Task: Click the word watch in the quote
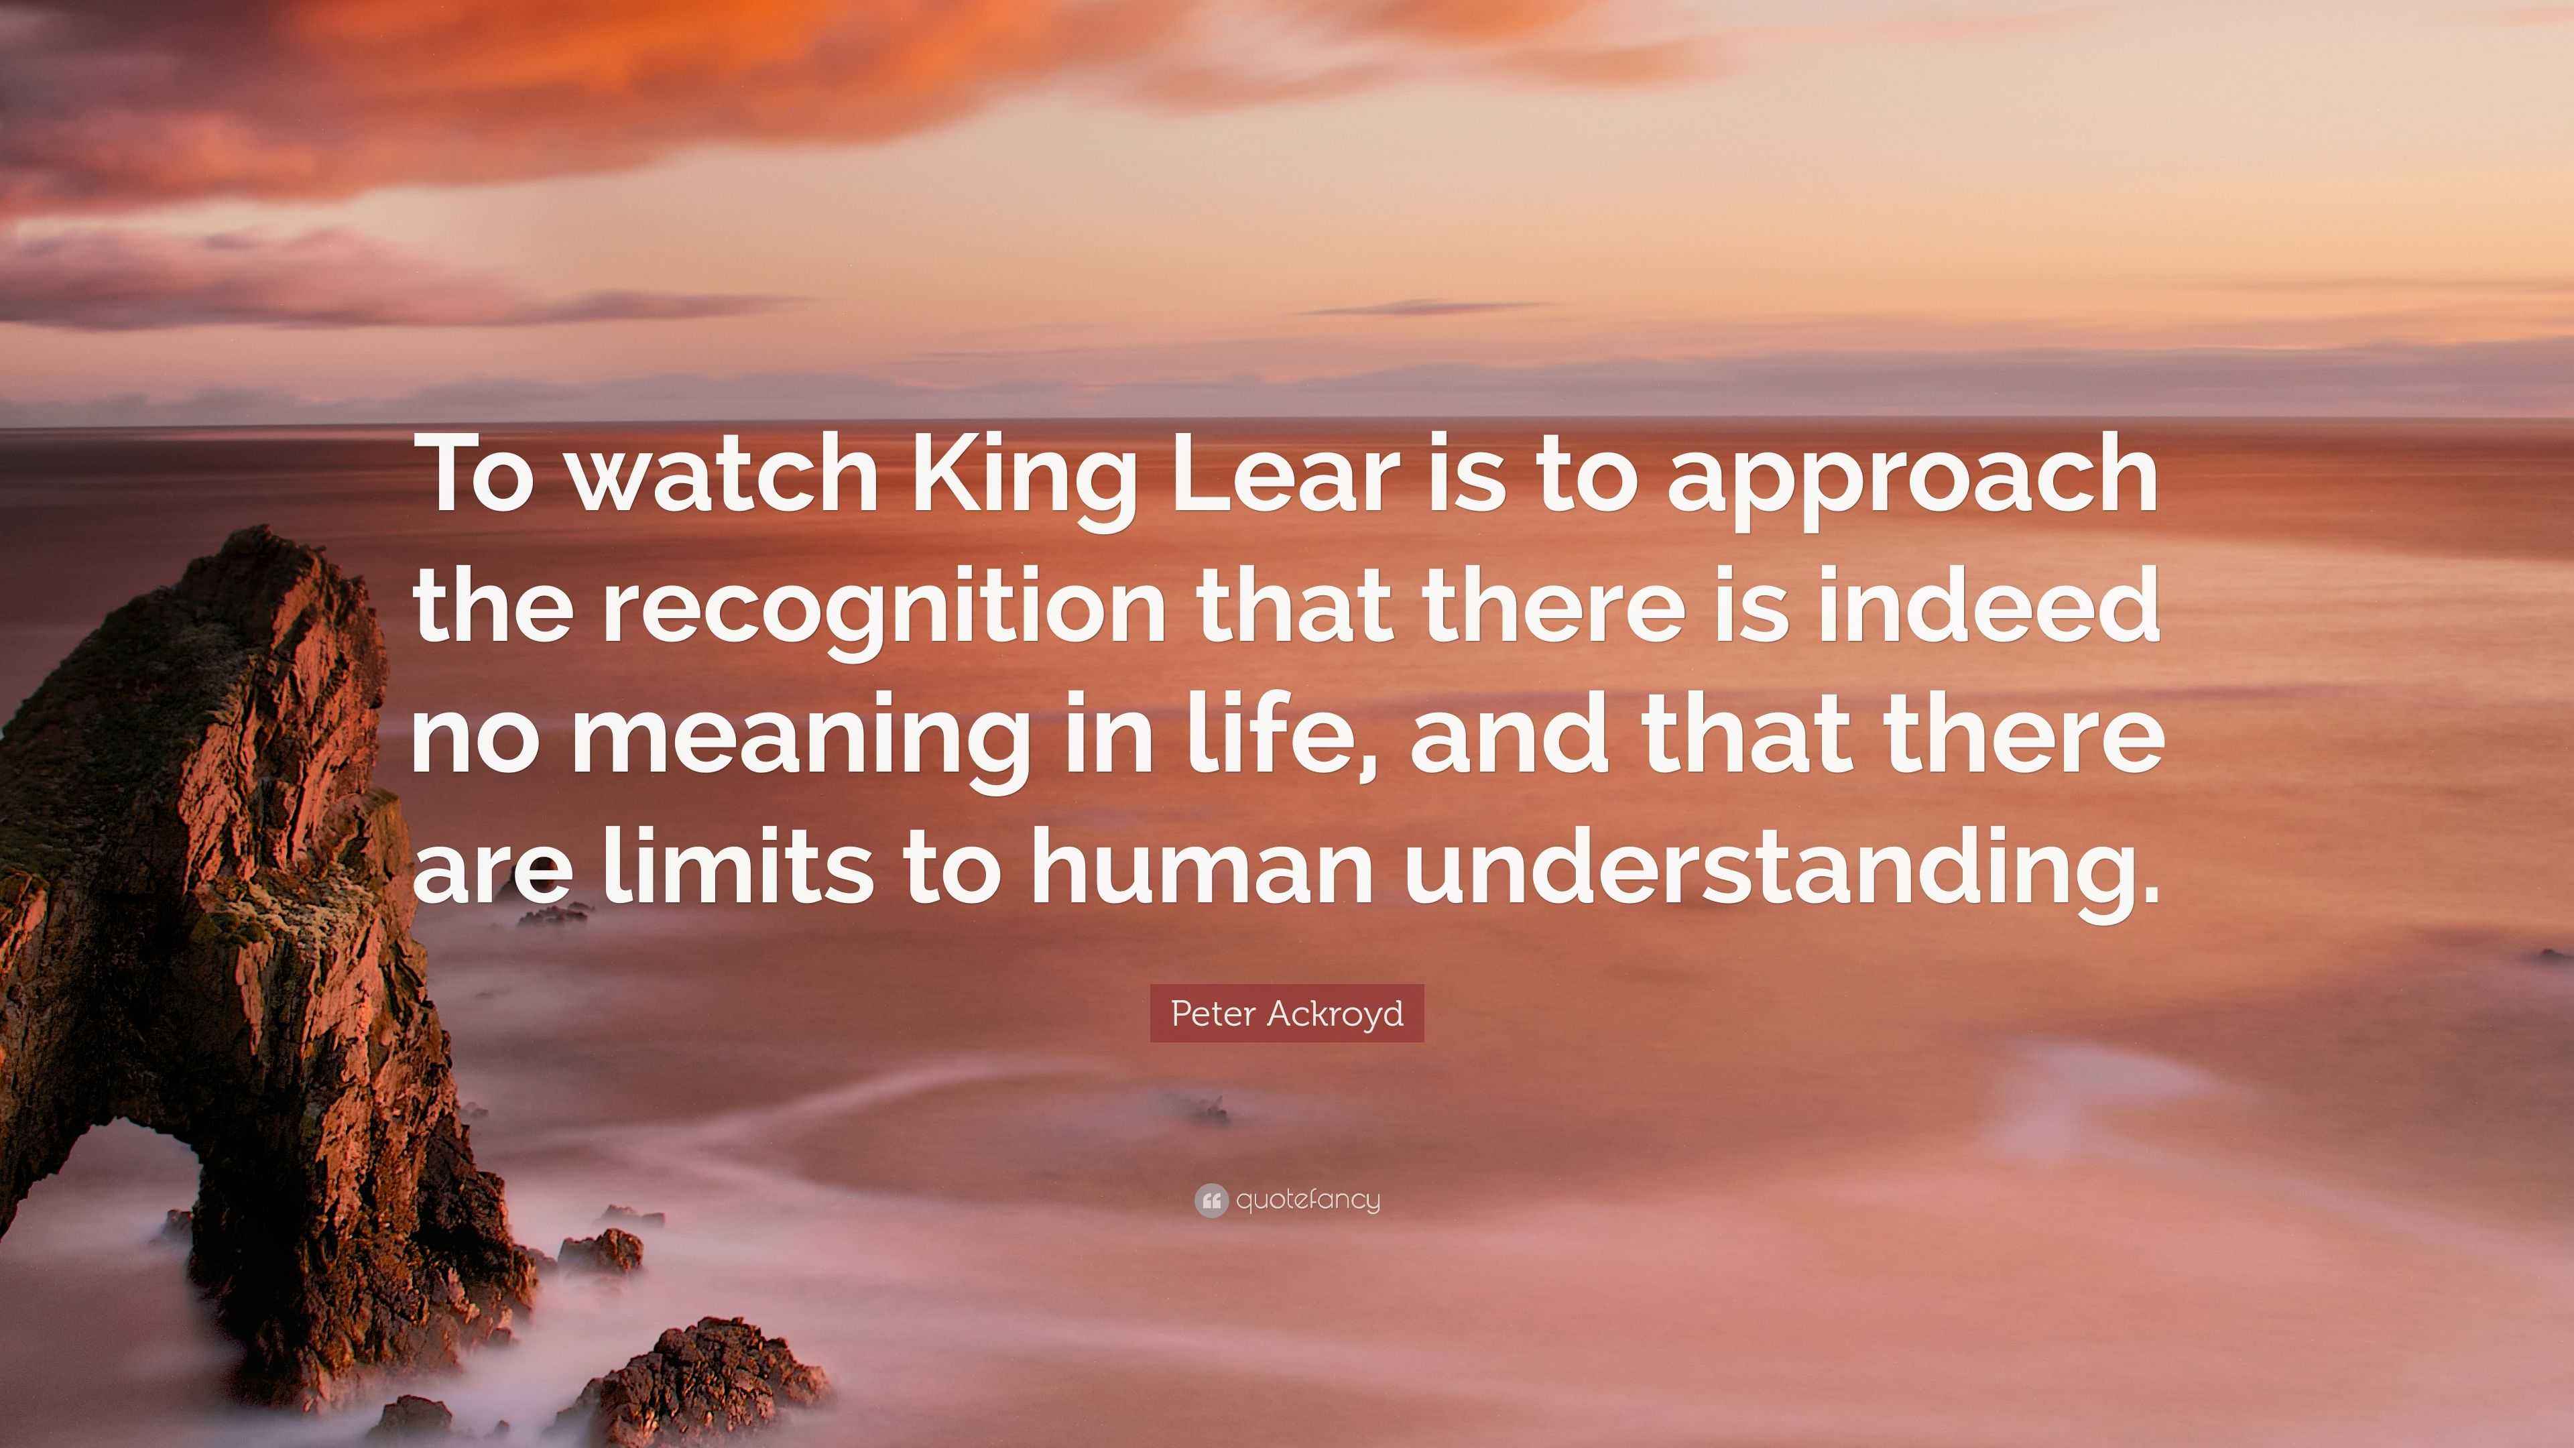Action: (725, 476)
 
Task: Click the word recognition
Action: (883, 615)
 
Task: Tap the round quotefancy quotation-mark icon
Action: (1211, 1200)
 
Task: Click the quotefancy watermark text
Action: (1308, 1200)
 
